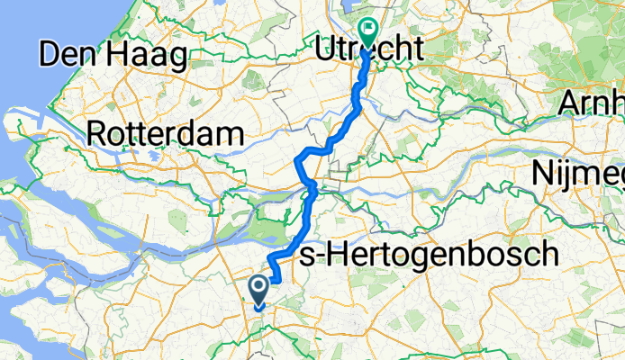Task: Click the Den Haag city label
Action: point(113,56)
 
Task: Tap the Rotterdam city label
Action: point(167,135)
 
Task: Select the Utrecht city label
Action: point(369,51)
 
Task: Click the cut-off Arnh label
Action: point(591,103)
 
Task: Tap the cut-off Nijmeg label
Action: point(577,170)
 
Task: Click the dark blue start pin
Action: point(258,291)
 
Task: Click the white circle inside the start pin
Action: point(258,287)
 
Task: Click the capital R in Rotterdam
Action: point(96,135)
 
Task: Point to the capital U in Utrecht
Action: point(326,51)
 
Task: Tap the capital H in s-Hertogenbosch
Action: point(331,256)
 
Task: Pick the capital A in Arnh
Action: point(571,103)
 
